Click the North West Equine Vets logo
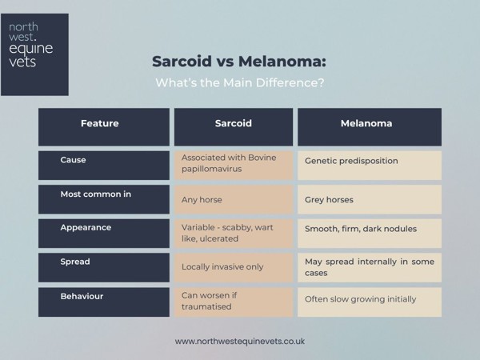[34, 54]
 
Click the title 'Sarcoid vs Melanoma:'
[239, 62]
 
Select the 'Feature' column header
[100, 124]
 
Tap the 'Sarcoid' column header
[234, 124]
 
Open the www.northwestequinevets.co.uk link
[239, 341]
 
